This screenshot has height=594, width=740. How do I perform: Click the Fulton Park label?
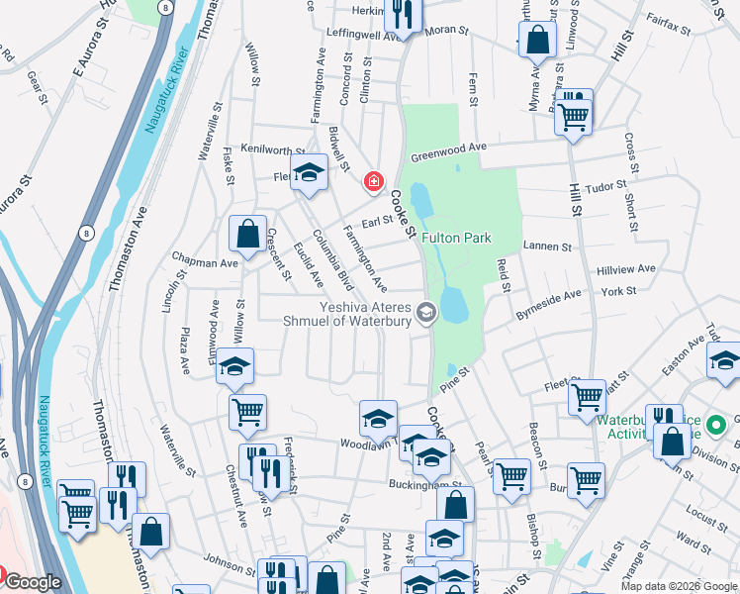pyautogui.click(x=456, y=239)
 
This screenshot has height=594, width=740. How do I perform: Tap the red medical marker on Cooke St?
pyautogui.click(x=373, y=181)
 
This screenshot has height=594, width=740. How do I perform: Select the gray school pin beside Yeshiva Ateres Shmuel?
pyautogui.click(x=426, y=314)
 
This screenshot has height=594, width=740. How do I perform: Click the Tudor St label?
pyautogui.click(x=607, y=184)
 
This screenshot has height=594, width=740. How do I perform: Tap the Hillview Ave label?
pyautogui.click(x=626, y=269)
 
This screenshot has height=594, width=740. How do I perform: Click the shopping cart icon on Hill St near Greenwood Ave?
pyautogui.click(x=574, y=116)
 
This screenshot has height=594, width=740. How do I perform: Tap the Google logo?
pyautogui.click(x=33, y=582)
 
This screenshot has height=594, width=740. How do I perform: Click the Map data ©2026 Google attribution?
pyautogui.click(x=680, y=586)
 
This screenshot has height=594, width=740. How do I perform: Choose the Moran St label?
pyautogui.click(x=446, y=31)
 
